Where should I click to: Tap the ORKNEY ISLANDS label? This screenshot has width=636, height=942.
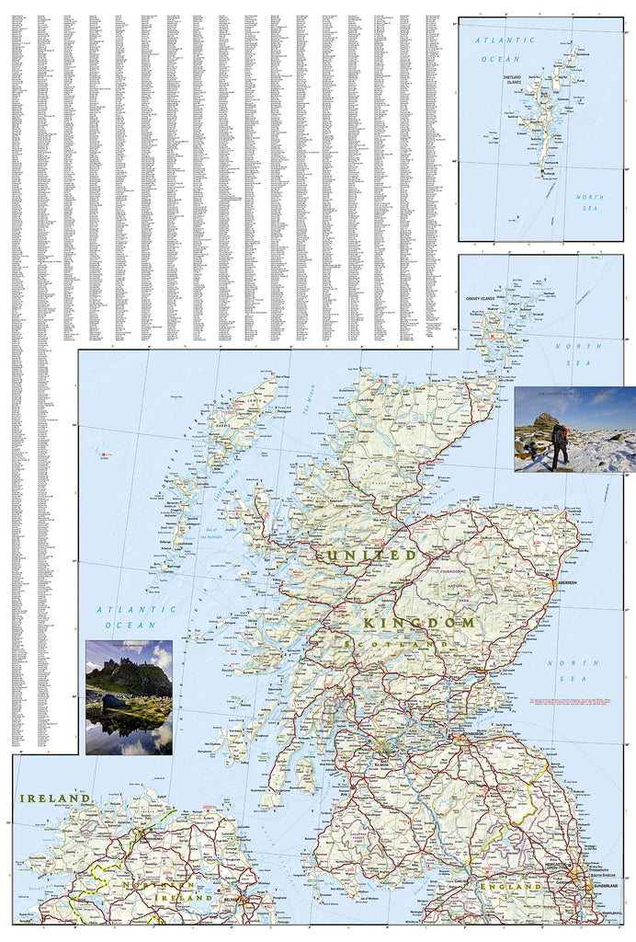(x=480, y=299)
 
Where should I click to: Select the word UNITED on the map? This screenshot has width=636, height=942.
(x=366, y=556)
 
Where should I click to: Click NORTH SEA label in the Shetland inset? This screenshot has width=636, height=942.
(x=589, y=203)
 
